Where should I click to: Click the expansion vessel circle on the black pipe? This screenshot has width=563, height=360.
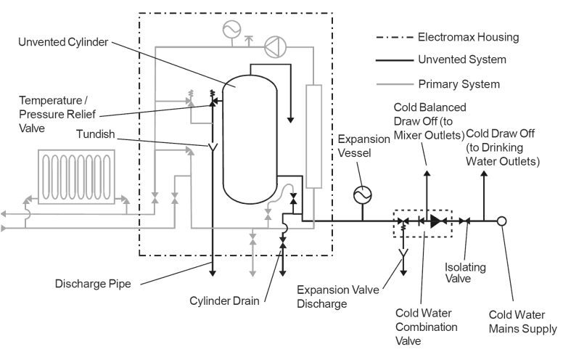pyautogui.click(x=361, y=195)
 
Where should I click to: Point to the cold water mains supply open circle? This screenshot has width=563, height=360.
pyautogui.click(x=501, y=221)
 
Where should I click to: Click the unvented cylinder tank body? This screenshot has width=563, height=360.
pyautogui.click(x=249, y=138)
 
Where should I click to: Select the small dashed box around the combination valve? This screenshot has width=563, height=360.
pyautogui.click(x=422, y=221)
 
